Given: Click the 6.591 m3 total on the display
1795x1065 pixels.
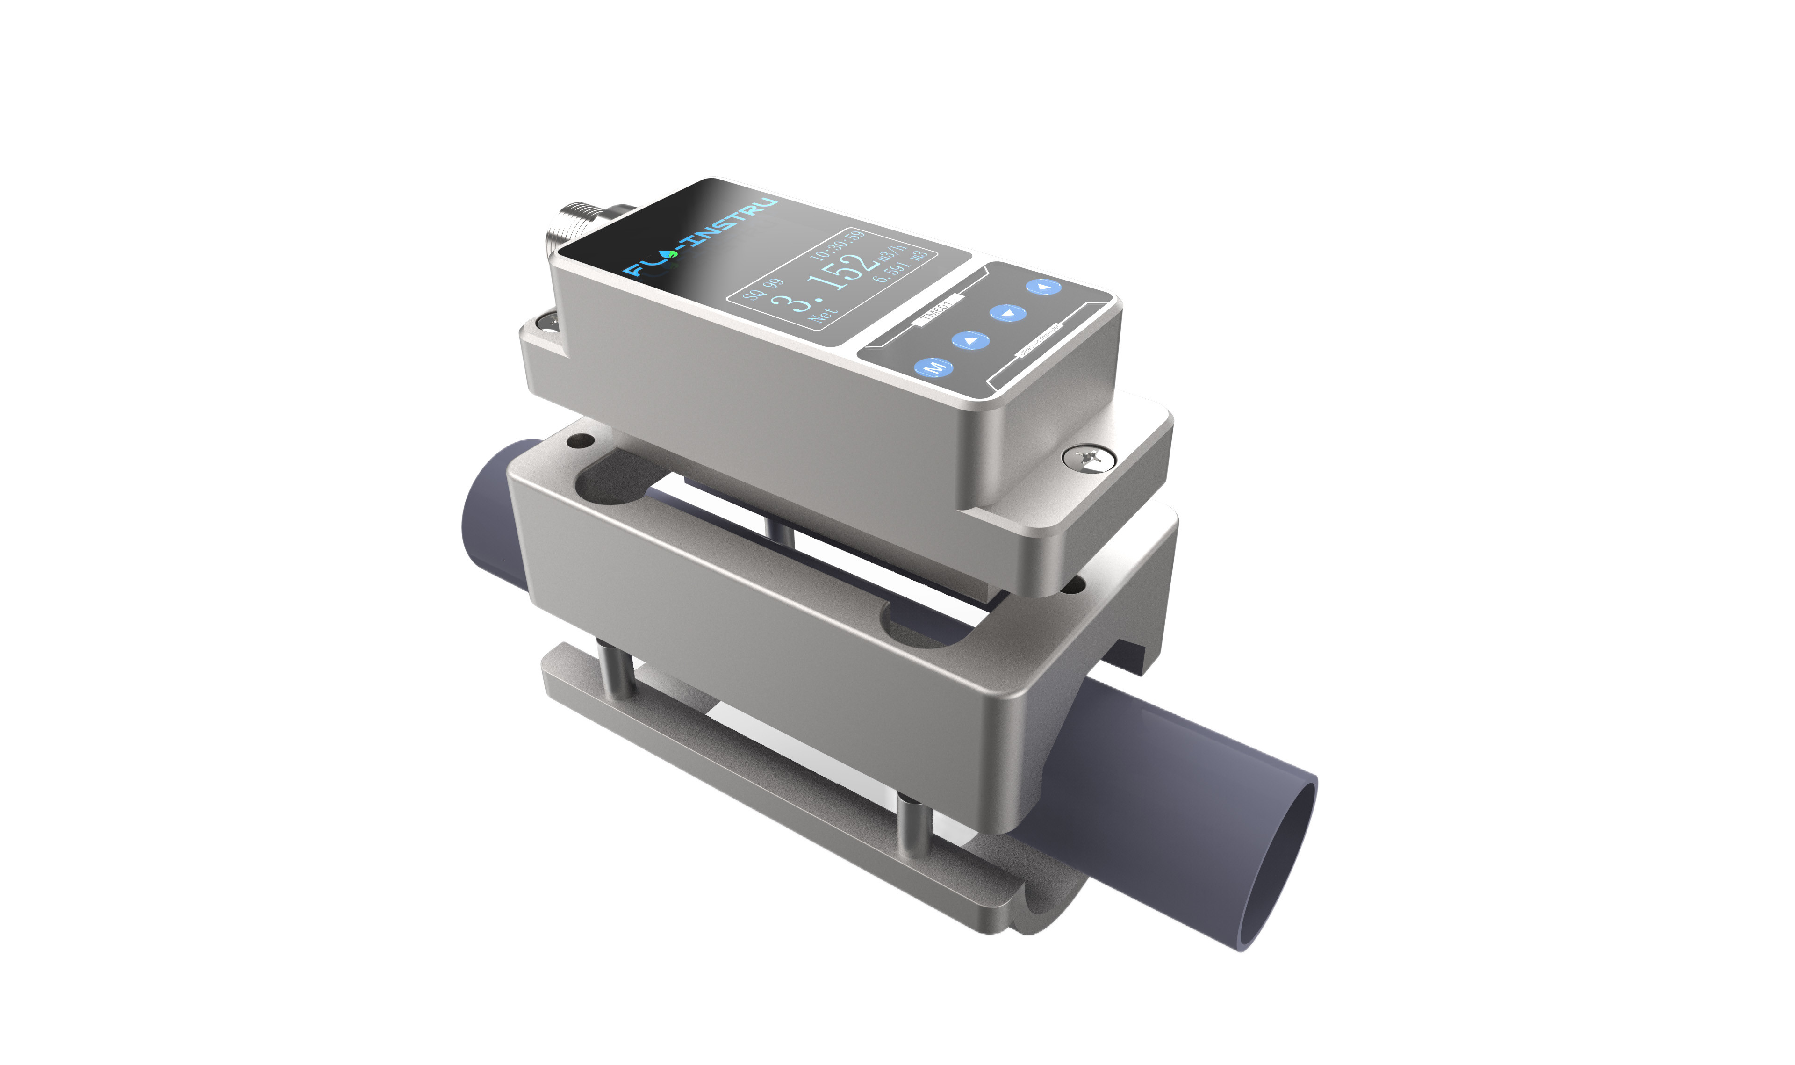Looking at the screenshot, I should [900, 267].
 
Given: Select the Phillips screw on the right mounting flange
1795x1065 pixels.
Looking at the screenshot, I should [1089, 458].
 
